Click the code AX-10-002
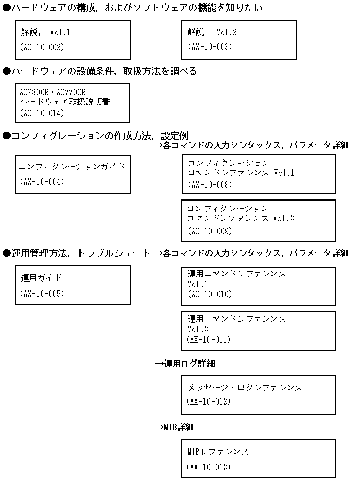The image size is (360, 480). click(x=42, y=47)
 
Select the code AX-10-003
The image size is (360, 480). click(x=210, y=47)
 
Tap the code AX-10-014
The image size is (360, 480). click(x=42, y=113)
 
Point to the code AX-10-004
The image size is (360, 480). click(x=42, y=182)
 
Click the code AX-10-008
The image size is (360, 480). click(x=210, y=185)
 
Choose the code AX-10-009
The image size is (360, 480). click(x=210, y=231)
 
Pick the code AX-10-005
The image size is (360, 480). click(x=42, y=293)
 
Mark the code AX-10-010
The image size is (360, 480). click(x=210, y=294)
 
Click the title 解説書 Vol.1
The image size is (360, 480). click(x=46, y=32)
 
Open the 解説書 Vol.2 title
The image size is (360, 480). click(x=212, y=32)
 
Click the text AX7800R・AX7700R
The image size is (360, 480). click(x=52, y=92)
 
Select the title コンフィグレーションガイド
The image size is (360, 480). click(x=72, y=166)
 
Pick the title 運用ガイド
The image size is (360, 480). click(x=42, y=277)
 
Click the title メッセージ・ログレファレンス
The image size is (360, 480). click(x=245, y=387)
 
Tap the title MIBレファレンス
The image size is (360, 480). click(x=218, y=452)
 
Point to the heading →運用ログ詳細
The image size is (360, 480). click(x=185, y=364)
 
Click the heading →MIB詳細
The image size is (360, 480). click(x=174, y=427)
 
